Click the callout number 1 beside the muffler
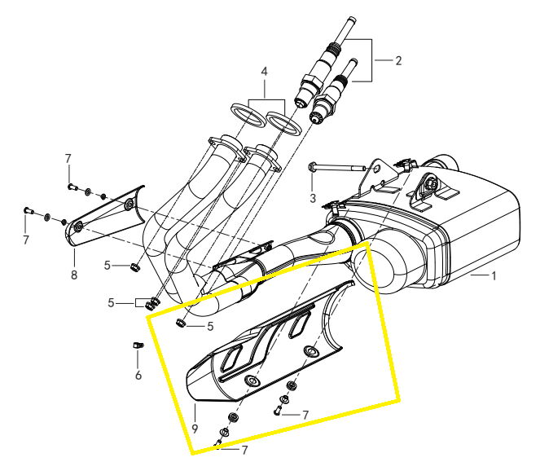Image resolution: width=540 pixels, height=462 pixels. click(494, 275)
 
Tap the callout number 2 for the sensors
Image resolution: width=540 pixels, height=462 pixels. click(398, 60)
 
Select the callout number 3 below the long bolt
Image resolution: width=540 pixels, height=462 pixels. click(313, 198)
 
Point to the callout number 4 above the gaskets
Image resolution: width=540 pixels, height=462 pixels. click(264, 72)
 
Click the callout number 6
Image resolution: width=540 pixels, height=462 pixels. click(138, 375)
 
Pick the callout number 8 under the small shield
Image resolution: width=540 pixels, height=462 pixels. click(74, 275)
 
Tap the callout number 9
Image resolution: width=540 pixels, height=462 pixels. click(195, 429)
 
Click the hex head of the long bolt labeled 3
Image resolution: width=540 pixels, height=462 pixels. click(312, 167)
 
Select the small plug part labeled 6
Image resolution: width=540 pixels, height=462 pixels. click(138, 345)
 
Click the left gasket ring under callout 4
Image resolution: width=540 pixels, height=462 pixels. click(248, 115)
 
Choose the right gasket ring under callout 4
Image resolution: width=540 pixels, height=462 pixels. click(284, 123)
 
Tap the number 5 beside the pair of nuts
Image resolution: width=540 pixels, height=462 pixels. click(111, 303)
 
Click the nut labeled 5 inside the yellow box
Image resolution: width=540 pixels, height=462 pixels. click(180, 323)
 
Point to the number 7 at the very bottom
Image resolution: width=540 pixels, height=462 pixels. click(244, 451)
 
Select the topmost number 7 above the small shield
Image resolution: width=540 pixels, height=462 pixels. click(68, 159)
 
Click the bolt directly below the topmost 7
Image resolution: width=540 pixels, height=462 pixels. click(72, 187)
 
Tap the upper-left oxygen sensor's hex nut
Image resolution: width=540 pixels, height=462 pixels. click(313, 81)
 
